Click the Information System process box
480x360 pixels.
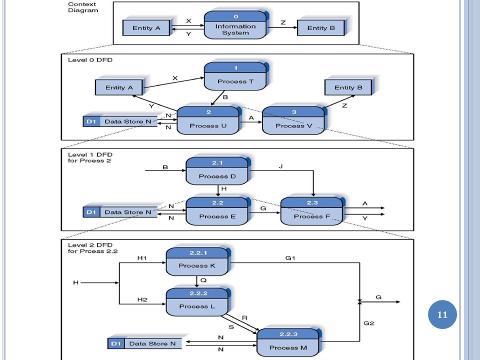[235, 25]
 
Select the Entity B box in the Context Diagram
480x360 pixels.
[321, 27]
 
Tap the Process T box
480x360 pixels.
[235, 76]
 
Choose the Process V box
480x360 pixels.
[294, 120]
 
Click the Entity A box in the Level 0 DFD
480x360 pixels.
[119, 87]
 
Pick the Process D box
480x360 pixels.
[217, 171]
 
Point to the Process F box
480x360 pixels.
[312, 211]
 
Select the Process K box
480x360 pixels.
[198, 261]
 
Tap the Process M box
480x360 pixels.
[288, 343]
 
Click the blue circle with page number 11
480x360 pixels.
[442, 314]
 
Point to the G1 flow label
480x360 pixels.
[290, 258]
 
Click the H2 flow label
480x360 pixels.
[142, 299]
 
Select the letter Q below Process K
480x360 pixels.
[203, 280]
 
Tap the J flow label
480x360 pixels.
[280, 166]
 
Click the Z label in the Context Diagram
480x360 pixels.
[283, 22]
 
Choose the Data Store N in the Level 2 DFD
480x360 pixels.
[145, 343]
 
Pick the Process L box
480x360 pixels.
[198, 302]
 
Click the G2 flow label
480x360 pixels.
[368, 323]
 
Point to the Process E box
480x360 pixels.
[217, 211]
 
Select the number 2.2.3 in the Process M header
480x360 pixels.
[288, 334]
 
